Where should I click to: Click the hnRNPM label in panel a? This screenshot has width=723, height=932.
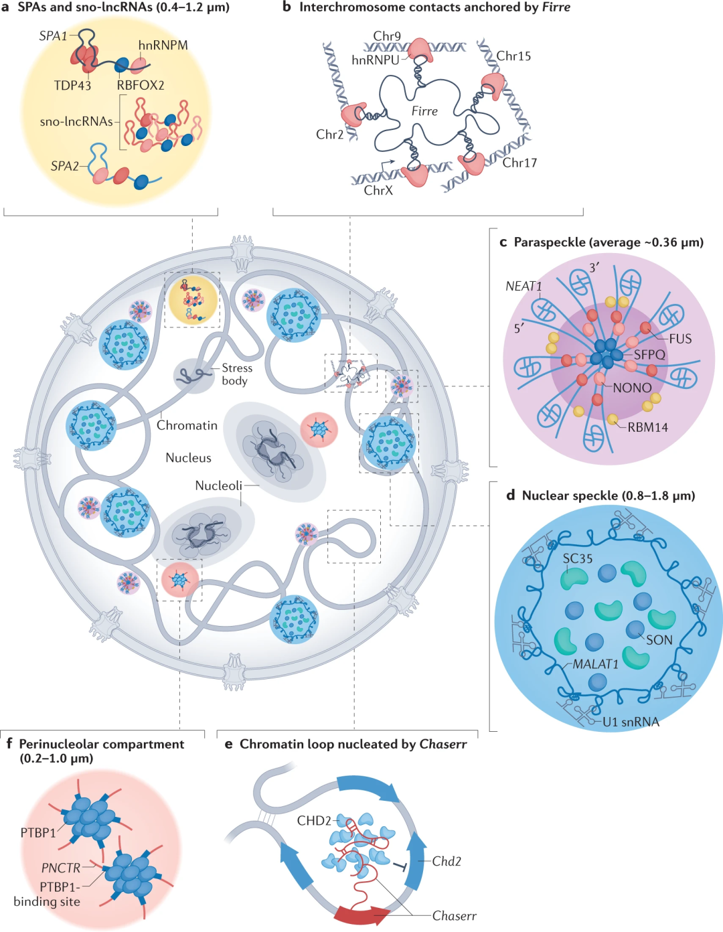click(x=163, y=46)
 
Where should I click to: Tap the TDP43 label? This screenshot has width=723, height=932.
click(x=72, y=86)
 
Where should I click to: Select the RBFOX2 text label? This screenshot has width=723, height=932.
click(x=141, y=86)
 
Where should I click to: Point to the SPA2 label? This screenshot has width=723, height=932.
click(x=64, y=166)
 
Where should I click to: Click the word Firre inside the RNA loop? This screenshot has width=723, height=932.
click(x=424, y=111)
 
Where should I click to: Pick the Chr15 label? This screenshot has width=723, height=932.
click(x=513, y=56)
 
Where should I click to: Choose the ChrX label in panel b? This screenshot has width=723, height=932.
click(x=378, y=191)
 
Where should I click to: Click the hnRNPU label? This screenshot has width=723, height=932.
click(x=375, y=60)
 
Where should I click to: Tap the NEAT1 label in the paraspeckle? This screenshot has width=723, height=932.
click(x=524, y=287)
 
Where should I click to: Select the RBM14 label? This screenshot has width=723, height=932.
click(x=647, y=427)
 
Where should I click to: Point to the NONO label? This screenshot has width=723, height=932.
click(x=632, y=388)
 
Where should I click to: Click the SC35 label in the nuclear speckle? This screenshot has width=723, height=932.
click(x=577, y=558)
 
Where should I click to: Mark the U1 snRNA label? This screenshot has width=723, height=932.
click(x=631, y=722)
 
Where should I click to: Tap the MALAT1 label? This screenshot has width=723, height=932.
click(x=595, y=664)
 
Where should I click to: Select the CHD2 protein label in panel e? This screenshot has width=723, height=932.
click(x=314, y=821)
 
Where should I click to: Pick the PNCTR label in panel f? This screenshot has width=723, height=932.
click(x=60, y=868)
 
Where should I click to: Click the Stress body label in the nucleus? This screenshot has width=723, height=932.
click(x=237, y=374)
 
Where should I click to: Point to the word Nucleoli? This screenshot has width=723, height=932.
click(x=218, y=485)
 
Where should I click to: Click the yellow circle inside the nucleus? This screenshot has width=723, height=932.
click(x=193, y=299)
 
